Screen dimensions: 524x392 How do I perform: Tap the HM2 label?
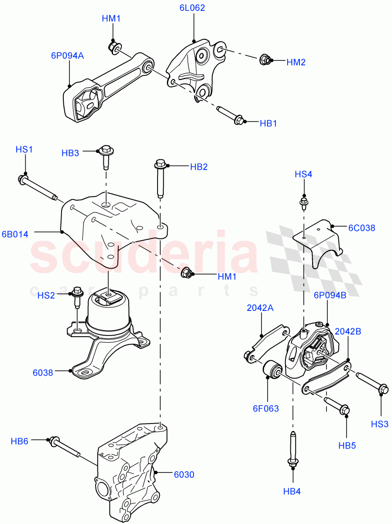pos(296,62)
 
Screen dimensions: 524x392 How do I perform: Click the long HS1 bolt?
pos(37,187)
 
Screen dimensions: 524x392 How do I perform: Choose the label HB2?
pos(198,167)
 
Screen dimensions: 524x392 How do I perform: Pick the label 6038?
pos(43,372)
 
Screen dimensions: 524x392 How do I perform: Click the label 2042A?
pos(260,307)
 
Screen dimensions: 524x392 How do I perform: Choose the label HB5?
pos(347,446)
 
